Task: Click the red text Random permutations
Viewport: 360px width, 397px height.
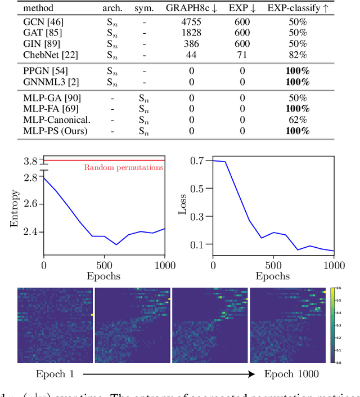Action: (124, 167)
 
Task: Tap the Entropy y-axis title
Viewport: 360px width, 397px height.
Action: (14, 208)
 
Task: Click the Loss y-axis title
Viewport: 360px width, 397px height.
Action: (182, 206)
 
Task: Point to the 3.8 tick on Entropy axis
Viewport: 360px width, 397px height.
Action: (31, 162)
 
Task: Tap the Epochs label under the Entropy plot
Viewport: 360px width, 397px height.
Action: (104, 276)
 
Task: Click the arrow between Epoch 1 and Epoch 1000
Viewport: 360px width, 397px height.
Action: (169, 374)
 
